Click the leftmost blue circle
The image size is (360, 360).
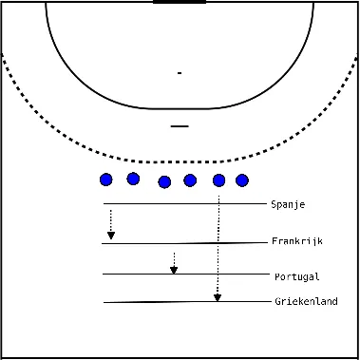pos(105,180)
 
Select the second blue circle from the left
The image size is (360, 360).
pos(133,179)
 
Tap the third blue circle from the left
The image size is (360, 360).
pos(164,181)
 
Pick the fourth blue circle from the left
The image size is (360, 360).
pos(190,180)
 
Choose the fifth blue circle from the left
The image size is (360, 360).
pos(219,180)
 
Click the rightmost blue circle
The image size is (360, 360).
pos(242,180)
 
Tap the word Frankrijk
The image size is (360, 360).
pos(296,242)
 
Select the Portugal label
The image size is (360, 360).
pos(295,276)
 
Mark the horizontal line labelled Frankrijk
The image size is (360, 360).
pos(180,243)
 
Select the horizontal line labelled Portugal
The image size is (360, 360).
pos(180,275)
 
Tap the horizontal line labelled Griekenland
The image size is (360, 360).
pos(180,302)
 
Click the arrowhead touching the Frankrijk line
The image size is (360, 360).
pos(111,236)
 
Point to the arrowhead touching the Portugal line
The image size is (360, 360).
pos(174,269)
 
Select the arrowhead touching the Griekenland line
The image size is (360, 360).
pos(218,296)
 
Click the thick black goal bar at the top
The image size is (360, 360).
pos(180,2)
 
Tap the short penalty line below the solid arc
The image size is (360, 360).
pos(180,125)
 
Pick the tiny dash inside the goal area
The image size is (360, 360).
pos(179,73)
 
